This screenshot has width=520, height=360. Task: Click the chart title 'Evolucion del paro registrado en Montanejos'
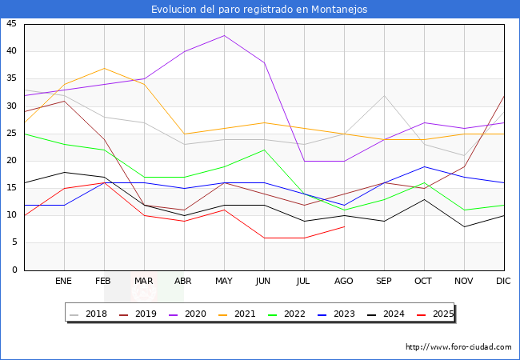click(260, 10)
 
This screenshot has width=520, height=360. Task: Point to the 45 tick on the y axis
click(11, 24)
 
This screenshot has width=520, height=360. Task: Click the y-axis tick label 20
click(11, 161)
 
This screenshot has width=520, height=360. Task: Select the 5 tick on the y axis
click(14, 242)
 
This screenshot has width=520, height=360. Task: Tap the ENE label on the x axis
click(64, 282)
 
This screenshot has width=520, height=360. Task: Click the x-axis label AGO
click(344, 282)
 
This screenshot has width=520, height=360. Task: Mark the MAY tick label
click(224, 282)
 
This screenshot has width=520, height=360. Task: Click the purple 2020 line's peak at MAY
click(224, 35)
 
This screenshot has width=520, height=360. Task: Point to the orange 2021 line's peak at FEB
click(104, 68)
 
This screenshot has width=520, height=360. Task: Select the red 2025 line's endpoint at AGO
click(344, 226)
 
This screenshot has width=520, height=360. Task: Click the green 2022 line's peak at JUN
click(264, 150)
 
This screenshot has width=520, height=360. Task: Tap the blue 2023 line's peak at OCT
click(424, 166)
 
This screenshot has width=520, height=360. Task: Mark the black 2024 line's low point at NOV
click(464, 226)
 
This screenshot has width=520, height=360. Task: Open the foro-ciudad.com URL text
click(458, 347)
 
